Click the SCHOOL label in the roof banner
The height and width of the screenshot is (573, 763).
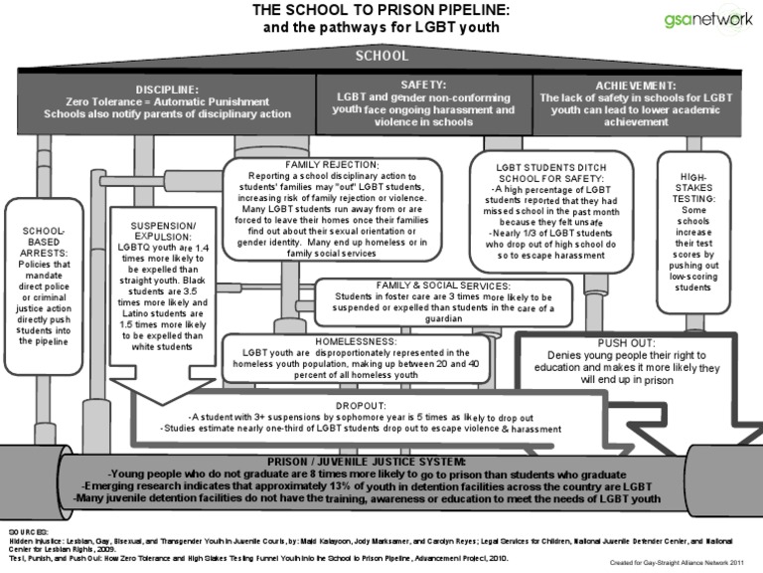tap(381, 57)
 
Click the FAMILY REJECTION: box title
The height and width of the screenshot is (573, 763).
tap(332, 163)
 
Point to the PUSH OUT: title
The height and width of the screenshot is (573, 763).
tap(636, 341)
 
